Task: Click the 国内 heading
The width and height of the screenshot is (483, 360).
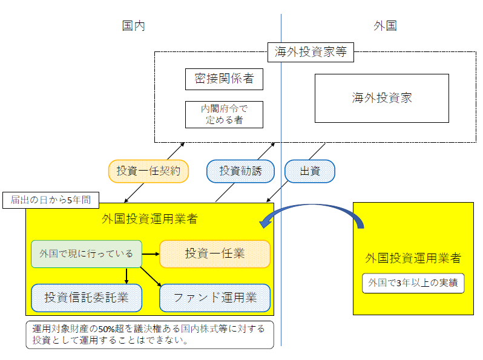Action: coord(133,25)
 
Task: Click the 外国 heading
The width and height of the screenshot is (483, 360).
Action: coord(385,25)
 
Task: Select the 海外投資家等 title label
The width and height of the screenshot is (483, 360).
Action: coord(310,52)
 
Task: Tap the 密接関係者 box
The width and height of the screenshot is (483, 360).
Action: coord(224,79)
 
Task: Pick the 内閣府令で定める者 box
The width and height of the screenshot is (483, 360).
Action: coord(224,114)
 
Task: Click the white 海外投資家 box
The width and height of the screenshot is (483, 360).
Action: coord(381,98)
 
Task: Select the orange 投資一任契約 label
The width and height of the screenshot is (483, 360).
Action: coord(148,171)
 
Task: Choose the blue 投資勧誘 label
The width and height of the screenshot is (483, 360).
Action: coord(240,171)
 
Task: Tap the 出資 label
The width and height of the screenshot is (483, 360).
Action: coord(309,171)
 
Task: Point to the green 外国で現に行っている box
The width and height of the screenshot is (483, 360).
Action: coord(86,254)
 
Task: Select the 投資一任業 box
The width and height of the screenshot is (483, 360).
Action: coord(214,254)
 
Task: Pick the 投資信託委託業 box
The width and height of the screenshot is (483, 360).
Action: coord(87,297)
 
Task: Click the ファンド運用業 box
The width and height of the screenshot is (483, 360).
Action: coord(214,297)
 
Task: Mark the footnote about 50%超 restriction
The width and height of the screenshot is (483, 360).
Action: coord(149,335)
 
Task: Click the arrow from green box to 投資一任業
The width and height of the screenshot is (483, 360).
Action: coord(150,254)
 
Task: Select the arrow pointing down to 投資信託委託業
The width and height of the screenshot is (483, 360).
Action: coord(126,275)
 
